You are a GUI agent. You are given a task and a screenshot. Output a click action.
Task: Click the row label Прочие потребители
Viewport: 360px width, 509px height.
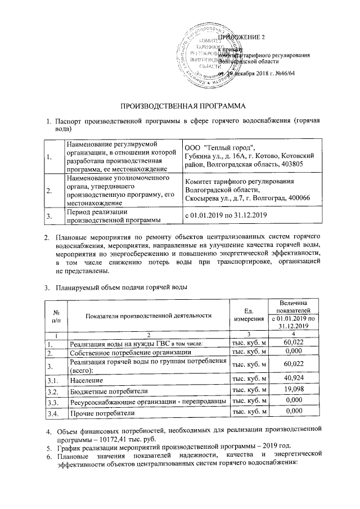point(102,413)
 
